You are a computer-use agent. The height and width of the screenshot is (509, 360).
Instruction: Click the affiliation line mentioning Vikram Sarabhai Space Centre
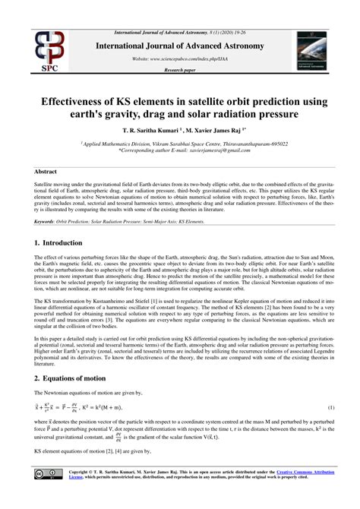[x=180, y=143]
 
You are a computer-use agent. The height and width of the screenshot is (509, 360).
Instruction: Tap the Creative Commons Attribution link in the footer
[x=311, y=492]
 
